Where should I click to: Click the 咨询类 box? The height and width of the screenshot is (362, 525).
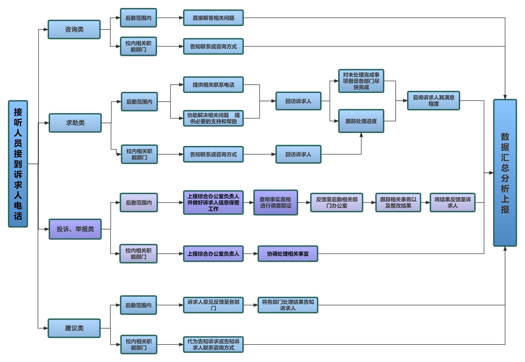(74, 30)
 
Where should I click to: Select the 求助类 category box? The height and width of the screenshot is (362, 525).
(75, 123)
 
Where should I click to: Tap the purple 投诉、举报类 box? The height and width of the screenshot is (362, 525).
(75, 229)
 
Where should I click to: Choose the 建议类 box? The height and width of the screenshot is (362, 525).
(74, 328)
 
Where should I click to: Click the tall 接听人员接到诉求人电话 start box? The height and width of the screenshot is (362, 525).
(18, 164)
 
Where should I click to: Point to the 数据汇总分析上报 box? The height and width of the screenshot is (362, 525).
(505, 173)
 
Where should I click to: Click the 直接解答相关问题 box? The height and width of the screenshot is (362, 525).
(213, 18)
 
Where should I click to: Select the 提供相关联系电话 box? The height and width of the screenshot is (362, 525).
(213, 85)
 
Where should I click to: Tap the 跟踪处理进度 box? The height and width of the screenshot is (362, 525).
(361, 121)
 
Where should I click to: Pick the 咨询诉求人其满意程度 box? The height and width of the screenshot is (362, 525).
(433, 101)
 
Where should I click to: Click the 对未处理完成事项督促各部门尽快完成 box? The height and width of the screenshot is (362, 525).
(361, 81)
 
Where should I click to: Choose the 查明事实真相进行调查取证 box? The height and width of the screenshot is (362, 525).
(275, 202)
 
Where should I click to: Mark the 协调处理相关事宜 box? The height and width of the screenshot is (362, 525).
(288, 254)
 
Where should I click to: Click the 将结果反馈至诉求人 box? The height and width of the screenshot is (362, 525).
(453, 202)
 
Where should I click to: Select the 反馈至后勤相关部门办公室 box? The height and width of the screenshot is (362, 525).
(337, 202)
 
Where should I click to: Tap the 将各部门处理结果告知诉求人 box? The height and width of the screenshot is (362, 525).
(288, 305)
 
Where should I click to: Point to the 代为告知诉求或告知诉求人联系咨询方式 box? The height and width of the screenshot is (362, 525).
(213, 345)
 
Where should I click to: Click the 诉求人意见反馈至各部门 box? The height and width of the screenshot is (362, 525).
(213, 305)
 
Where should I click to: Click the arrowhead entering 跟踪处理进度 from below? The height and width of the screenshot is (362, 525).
(361, 135)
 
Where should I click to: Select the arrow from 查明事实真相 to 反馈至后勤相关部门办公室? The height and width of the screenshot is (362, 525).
(304, 202)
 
